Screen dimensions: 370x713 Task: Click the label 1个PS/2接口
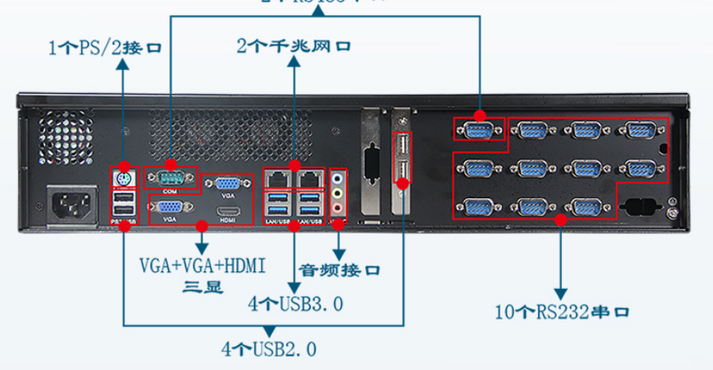point(104,47)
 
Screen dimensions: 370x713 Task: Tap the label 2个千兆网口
point(294,46)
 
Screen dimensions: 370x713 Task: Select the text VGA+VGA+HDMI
point(202,264)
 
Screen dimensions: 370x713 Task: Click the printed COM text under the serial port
point(170,192)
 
